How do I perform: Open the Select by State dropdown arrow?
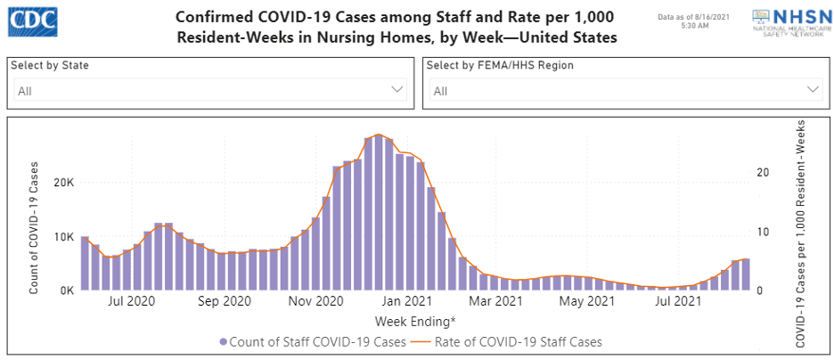point(397,90)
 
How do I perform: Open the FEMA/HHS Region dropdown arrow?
point(813,90)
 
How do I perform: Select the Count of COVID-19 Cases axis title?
point(34,228)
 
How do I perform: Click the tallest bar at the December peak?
point(379,212)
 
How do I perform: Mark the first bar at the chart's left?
point(85,263)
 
